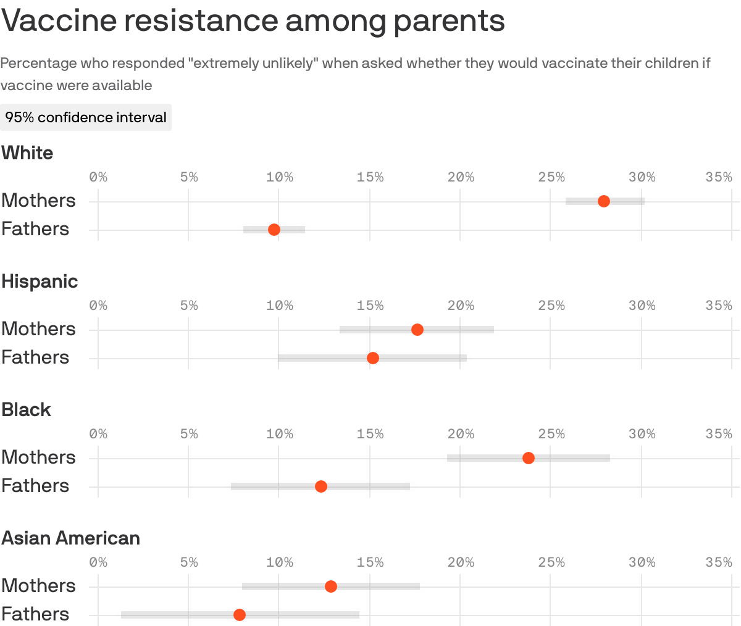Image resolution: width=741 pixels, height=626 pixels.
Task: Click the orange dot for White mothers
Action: coord(604,201)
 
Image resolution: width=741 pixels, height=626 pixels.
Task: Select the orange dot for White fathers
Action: coord(274,230)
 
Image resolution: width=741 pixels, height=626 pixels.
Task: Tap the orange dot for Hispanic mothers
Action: coord(417,330)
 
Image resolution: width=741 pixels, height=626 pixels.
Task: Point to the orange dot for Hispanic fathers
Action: coord(373,358)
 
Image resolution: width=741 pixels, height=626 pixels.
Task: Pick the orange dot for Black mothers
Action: coord(529,458)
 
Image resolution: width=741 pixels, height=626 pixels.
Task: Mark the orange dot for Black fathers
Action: coord(321,486)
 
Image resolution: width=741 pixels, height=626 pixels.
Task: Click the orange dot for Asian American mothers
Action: coord(331,586)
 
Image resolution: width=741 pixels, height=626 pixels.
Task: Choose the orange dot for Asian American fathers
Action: coord(240,615)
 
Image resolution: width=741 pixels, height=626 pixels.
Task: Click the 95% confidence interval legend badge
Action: coord(86,117)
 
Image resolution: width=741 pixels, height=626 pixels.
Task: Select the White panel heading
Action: coord(27,153)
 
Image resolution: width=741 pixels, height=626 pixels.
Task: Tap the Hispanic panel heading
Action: coord(40,282)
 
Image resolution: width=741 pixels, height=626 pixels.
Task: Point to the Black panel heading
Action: coord(26,410)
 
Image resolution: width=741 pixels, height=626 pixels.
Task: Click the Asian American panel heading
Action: coord(70,538)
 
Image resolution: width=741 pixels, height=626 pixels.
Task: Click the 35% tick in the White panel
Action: coord(719,177)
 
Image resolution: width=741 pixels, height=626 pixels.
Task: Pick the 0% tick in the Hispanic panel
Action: coord(98,306)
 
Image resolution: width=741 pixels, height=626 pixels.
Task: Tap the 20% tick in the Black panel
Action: coord(461,434)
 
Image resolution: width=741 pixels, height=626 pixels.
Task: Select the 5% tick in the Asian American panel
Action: coord(189,562)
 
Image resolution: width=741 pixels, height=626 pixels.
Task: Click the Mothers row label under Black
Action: coord(38,457)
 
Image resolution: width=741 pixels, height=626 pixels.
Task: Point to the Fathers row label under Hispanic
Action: coord(35,357)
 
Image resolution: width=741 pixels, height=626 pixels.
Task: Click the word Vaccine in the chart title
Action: coord(59,21)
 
